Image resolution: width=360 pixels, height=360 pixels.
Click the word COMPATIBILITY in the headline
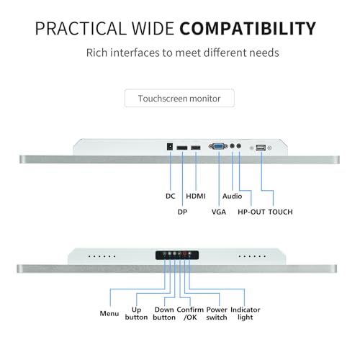pyautogui.click(x=248, y=29)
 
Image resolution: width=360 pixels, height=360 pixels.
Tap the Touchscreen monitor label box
pyautogui.click(x=179, y=98)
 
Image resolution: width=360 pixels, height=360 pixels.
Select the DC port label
pyautogui.click(x=171, y=196)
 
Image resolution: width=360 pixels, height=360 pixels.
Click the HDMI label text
pyautogui.click(x=196, y=196)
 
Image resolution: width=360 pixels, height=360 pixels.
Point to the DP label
pyautogui.click(x=182, y=212)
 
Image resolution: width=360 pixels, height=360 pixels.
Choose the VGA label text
pyautogui.click(x=219, y=212)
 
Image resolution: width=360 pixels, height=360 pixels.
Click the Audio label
pyautogui.click(x=232, y=196)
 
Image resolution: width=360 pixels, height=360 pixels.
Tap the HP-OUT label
pyautogui.click(x=251, y=212)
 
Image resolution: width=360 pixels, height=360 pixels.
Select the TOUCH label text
pyautogui.click(x=280, y=212)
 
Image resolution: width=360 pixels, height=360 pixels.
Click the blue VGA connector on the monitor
pyautogui.click(x=218, y=146)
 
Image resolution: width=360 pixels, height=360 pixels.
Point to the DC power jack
pyautogui.click(x=170, y=147)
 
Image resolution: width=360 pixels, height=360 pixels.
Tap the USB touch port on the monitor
pyautogui.click(x=261, y=148)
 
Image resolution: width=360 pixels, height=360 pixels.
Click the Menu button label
pyautogui.click(x=109, y=313)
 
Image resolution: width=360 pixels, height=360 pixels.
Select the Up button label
pyautogui.click(x=136, y=313)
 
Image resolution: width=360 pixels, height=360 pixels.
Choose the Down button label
pyautogui.click(x=164, y=313)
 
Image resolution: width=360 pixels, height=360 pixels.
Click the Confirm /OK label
pyautogui.click(x=190, y=313)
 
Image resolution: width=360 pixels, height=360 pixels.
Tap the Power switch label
pyautogui.click(x=217, y=313)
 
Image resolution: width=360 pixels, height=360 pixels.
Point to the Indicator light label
pyautogui.click(x=246, y=313)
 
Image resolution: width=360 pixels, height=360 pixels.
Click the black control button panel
pyautogui.click(x=177, y=255)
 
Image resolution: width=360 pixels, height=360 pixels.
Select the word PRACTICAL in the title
pyautogui.click(x=81, y=29)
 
